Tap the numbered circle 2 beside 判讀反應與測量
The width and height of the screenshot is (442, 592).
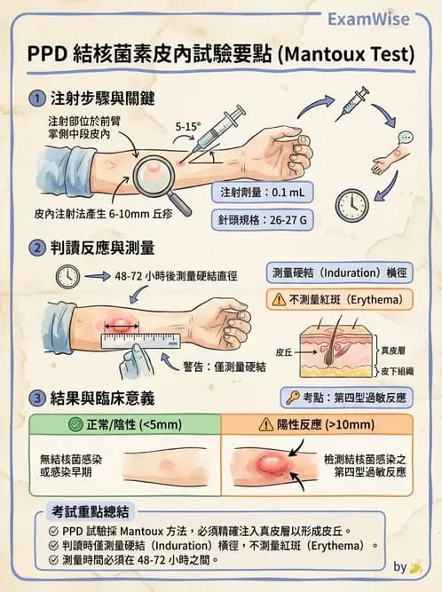pos(36,247)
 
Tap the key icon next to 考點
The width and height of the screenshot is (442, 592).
pos(292,399)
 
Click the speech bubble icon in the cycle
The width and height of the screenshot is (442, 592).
pos(406,138)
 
